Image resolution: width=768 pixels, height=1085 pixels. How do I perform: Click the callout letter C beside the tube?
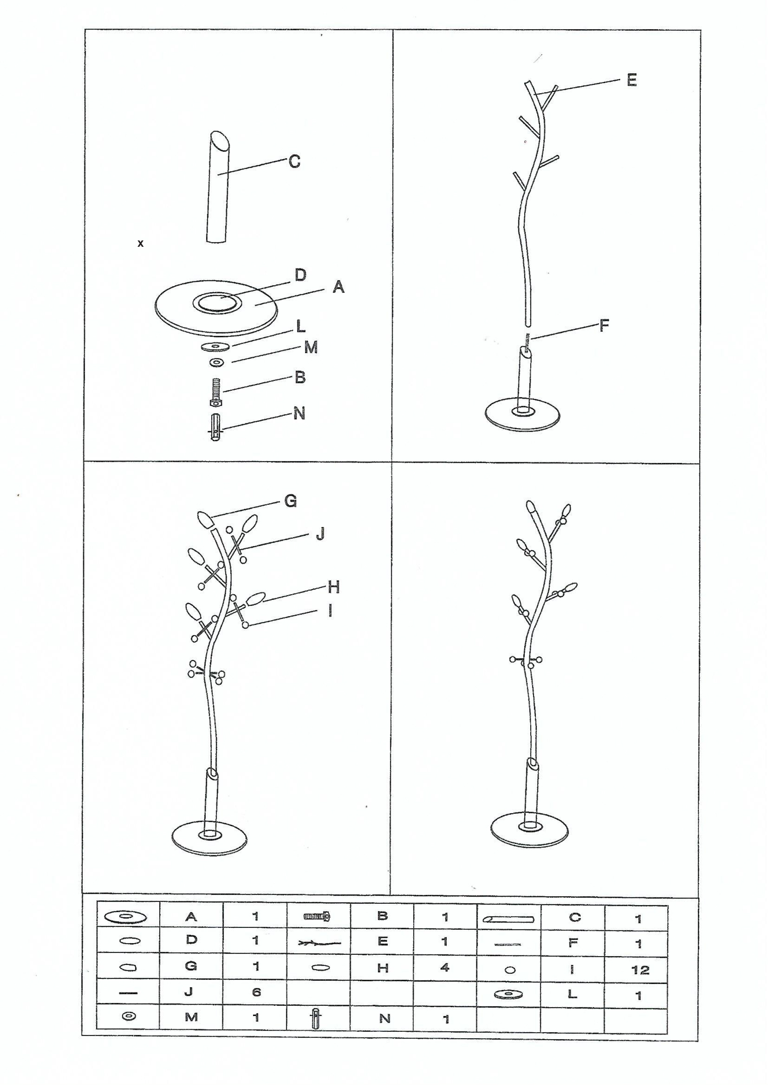[x=294, y=162]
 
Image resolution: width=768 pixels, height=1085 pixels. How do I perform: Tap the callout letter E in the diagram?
[x=631, y=80]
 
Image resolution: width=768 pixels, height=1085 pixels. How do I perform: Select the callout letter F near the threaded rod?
[x=604, y=326]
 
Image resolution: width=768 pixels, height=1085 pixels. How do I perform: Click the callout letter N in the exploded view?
[x=299, y=414]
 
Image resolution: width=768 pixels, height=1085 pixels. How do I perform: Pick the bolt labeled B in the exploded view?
[x=216, y=392]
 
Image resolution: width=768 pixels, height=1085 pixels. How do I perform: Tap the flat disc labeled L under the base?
[x=216, y=346]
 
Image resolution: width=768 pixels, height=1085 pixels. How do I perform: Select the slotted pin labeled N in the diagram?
[x=215, y=427]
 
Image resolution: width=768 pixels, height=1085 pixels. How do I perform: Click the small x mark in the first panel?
[x=141, y=243]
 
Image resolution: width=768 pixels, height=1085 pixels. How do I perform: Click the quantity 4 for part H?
[x=445, y=967]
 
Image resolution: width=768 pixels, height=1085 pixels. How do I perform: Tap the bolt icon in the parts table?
[x=317, y=917]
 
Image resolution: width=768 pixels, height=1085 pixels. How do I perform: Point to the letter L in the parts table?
[x=572, y=994]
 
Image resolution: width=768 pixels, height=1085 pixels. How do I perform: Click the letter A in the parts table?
[x=191, y=917]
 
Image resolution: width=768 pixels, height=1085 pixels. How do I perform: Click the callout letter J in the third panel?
[x=320, y=534]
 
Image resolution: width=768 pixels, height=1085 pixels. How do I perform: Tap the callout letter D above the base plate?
[x=300, y=275]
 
